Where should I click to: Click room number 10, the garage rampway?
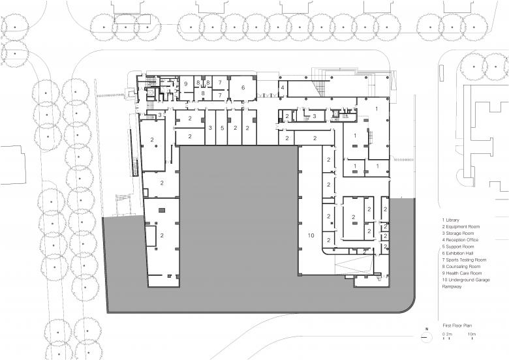(x=311, y=235)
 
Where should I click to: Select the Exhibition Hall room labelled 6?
(x=243, y=87)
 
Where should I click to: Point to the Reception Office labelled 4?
(x=283, y=87)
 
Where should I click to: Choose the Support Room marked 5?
(x=223, y=128)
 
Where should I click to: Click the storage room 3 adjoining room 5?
(x=210, y=128)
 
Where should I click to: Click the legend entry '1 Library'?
(x=450, y=220)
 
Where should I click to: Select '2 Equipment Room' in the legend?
(x=461, y=227)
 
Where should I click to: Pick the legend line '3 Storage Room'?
(x=457, y=233)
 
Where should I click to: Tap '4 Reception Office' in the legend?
(x=460, y=240)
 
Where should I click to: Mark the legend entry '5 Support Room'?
(x=457, y=247)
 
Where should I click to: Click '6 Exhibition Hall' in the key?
(x=457, y=253)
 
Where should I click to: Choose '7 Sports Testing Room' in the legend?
(x=464, y=260)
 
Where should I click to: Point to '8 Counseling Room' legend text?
(x=461, y=267)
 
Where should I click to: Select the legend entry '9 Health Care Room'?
(x=461, y=273)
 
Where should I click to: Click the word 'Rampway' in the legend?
(x=452, y=287)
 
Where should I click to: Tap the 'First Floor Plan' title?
(x=457, y=325)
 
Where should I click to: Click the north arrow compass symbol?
(x=427, y=337)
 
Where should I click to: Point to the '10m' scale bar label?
(x=471, y=334)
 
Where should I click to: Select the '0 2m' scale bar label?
(x=447, y=334)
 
